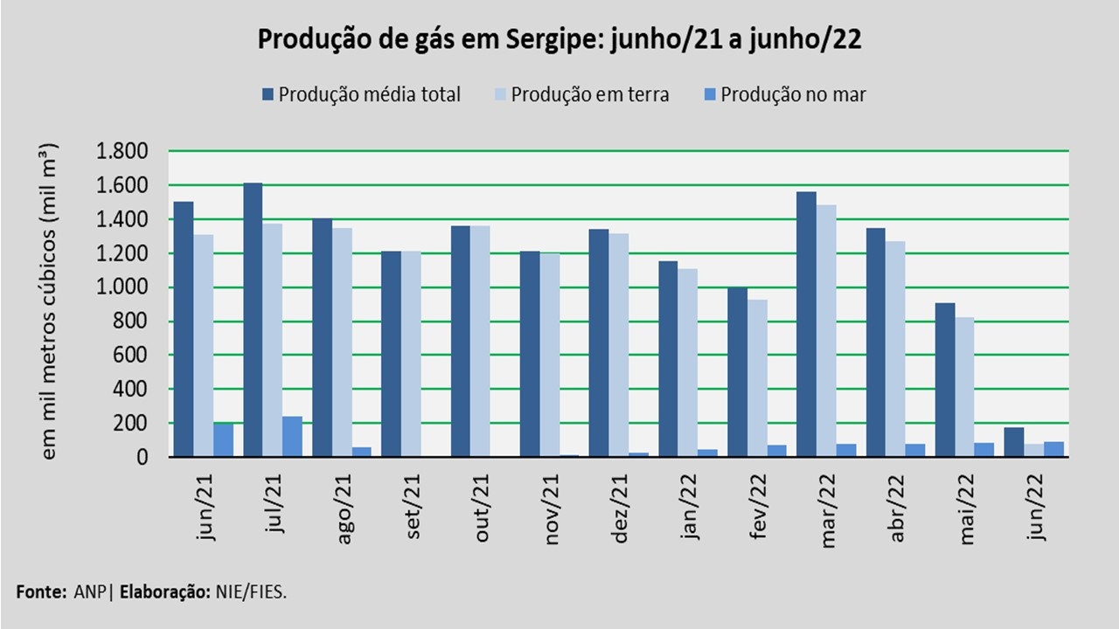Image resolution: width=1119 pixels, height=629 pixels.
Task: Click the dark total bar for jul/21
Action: pos(253,319)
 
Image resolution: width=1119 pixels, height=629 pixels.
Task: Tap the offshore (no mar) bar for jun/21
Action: pos(223,439)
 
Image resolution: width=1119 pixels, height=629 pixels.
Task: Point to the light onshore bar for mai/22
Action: pos(963,386)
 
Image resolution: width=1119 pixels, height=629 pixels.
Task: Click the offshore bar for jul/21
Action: pos(292,436)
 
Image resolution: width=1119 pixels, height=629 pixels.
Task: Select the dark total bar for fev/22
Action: pos(737,371)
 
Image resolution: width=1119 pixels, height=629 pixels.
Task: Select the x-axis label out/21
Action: pos(482,508)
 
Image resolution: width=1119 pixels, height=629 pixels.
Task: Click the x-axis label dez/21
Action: pos(620,509)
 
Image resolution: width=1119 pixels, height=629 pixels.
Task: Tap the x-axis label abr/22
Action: pos(897,509)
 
